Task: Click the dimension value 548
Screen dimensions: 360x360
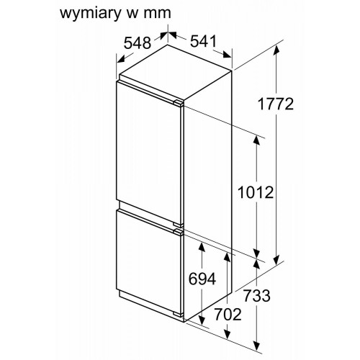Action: coord(138,43)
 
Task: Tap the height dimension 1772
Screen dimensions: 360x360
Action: coord(276,104)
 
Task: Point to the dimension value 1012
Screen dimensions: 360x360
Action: coord(256,192)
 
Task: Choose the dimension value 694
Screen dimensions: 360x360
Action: coord(202,279)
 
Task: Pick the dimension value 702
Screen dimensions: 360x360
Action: coord(228,315)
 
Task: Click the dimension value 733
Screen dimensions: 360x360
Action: coord(257,296)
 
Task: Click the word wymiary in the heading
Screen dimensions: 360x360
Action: coord(90,14)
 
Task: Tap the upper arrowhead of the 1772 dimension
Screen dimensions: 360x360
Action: coord(276,50)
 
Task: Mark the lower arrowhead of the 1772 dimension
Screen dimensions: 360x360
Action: coord(276,259)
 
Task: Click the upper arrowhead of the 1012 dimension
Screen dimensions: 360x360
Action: coord(257,140)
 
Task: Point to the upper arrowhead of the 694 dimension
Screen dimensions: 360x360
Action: coord(202,248)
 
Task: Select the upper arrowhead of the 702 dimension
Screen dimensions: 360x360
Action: coord(227,256)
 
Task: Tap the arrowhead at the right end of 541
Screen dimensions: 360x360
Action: coord(227,55)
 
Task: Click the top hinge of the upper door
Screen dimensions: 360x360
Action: coord(179,103)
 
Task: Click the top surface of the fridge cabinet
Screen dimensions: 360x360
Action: coord(176,72)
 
